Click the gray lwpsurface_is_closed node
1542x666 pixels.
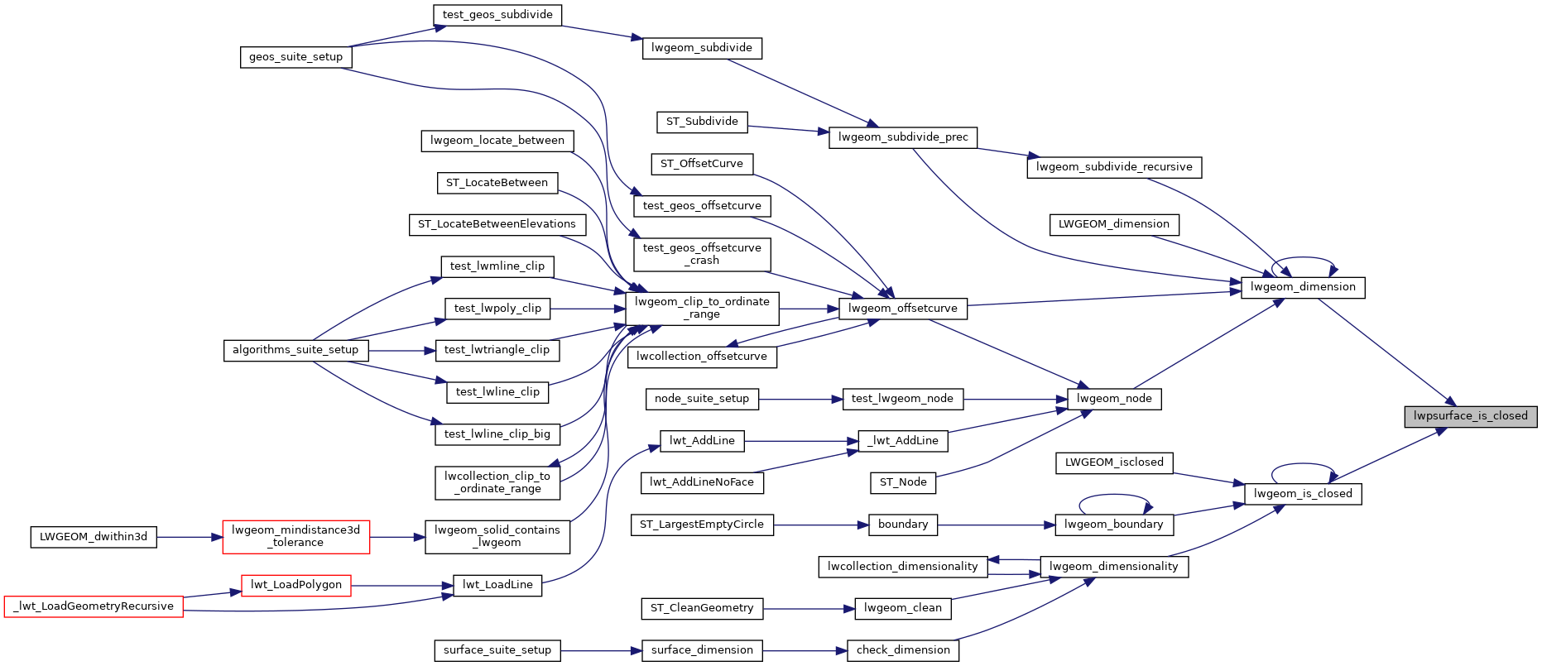click(1470, 416)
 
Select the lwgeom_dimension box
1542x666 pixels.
click(1303, 287)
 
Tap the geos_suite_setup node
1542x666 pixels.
click(295, 57)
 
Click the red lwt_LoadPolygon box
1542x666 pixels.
click(295, 585)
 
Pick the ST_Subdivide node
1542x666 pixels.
click(702, 122)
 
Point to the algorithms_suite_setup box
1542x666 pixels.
click(295, 350)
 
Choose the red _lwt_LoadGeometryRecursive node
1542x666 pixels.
click(94, 606)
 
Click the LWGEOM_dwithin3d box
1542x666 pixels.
click(94, 537)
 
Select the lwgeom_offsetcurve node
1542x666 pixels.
click(902, 309)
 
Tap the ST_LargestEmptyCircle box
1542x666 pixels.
click(702, 525)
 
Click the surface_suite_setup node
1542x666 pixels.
click(497, 650)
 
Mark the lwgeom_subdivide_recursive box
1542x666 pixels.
click(1113, 167)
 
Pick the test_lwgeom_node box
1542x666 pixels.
click(902, 399)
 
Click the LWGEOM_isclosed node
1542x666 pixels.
click(1114, 462)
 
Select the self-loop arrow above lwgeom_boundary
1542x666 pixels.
click(1113, 496)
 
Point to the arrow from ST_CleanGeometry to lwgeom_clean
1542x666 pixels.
click(808, 609)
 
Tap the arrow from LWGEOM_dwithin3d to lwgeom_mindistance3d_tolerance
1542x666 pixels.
click(190, 537)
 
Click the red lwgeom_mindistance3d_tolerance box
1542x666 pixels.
click(295, 536)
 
